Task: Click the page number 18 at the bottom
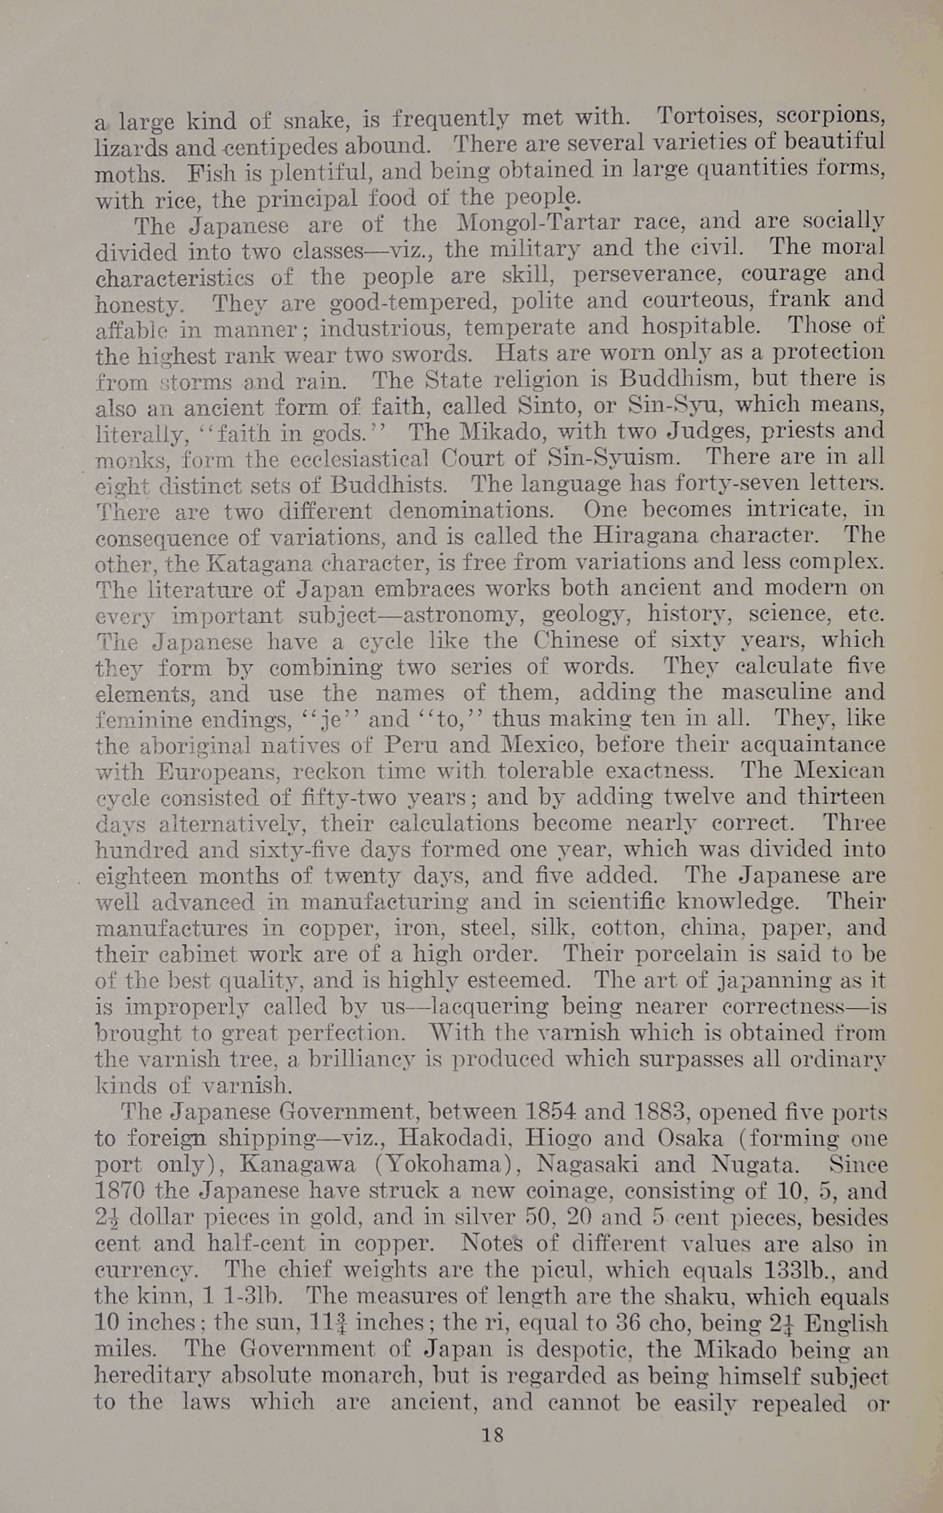pyautogui.click(x=492, y=1435)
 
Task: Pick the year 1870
pyautogui.click(x=120, y=1191)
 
